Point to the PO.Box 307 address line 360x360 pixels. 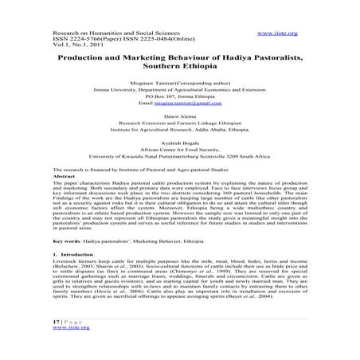(180, 96)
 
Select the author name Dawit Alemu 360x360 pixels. (180, 118)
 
